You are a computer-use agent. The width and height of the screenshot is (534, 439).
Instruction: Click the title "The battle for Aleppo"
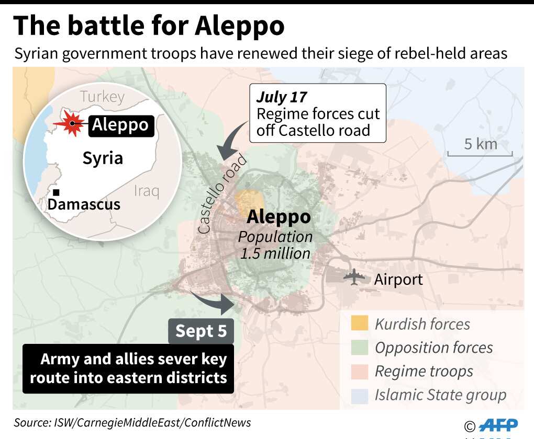149,26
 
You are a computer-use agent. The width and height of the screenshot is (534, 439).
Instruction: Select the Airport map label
398,279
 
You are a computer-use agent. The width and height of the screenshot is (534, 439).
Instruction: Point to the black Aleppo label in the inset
121,125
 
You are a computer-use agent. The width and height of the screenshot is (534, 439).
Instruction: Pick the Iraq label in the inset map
146,191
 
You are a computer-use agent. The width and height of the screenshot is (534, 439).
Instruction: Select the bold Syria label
103,158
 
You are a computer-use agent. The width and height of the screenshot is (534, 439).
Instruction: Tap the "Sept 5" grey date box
201,331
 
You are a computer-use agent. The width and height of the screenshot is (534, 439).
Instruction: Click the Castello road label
220,197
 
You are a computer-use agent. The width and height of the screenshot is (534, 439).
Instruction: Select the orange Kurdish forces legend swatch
359,324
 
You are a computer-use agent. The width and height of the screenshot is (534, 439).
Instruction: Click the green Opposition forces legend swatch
359,348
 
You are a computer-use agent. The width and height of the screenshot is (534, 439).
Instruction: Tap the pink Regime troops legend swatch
359,371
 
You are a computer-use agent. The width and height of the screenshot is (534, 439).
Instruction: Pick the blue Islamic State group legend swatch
359,395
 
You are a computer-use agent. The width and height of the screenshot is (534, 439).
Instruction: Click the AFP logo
498,424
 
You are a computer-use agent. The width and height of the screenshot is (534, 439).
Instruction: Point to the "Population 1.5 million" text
275,245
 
